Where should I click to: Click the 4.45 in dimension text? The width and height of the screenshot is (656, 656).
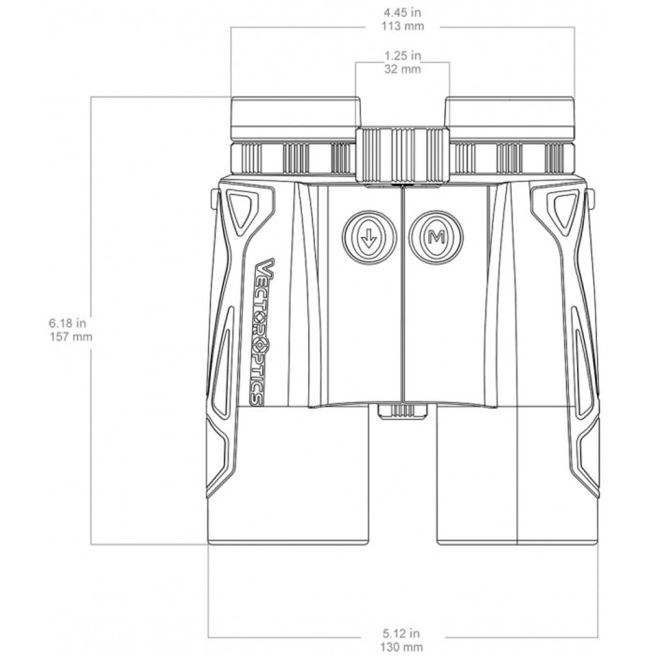point(403,12)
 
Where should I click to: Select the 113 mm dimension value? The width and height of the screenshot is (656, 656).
point(403,26)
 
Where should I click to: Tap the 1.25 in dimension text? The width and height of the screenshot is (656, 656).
point(403,56)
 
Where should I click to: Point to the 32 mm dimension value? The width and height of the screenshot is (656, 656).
point(403,69)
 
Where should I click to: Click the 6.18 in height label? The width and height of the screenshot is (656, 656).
point(66,322)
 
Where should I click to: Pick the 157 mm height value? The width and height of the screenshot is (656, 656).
point(66,336)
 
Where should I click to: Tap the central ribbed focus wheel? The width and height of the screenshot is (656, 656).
point(403,151)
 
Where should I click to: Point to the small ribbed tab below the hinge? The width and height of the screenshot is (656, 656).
point(403,410)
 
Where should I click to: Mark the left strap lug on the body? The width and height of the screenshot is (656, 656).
point(213,199)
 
